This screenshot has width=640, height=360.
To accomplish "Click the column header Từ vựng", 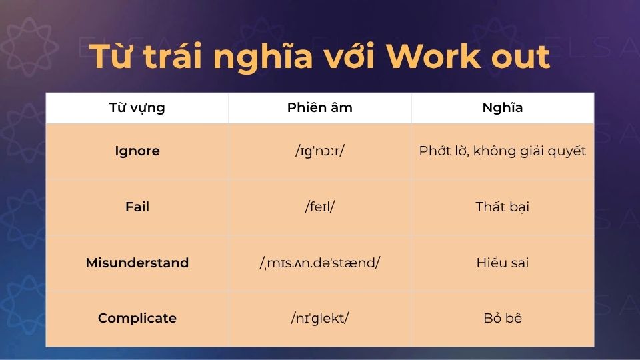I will pos(137,108).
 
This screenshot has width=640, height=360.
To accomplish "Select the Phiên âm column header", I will pos(320,108).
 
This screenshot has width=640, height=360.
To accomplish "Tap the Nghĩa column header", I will pos(503,108).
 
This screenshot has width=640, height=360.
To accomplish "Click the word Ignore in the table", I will pos(137,151).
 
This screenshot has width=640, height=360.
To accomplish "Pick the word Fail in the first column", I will pos(137,207).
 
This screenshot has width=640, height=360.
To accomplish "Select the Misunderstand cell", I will pos(137,263).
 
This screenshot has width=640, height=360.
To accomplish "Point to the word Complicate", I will pos(137,318).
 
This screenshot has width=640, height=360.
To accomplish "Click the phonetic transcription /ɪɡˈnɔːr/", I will pos(320,151).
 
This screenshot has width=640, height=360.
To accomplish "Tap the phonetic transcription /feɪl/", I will pos(320,207).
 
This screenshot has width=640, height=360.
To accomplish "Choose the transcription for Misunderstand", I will pos(320,263).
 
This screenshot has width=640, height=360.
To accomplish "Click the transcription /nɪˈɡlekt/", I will pos(320,318).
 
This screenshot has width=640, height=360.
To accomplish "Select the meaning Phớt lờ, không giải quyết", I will pos(503,151).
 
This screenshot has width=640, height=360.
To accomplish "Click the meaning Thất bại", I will pos(503,207).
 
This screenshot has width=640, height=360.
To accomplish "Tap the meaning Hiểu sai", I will pos(503,263).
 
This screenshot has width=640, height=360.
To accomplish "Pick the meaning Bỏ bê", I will pos(503,318).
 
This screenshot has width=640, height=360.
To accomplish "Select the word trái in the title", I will pos(170,57).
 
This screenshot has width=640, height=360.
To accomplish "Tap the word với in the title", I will pos(351,57).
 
